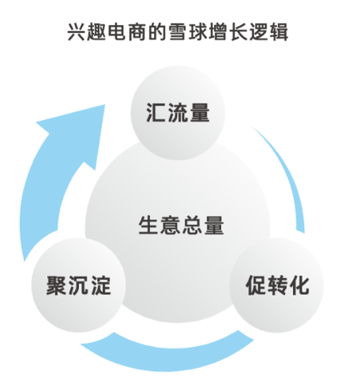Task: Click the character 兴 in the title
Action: coord(77,32)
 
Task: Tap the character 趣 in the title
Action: coord(96,32)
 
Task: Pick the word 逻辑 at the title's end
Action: coord(269,32)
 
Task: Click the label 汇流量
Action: coord(178,112)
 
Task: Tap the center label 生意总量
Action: coord(182,225)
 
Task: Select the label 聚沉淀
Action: coord(78,285)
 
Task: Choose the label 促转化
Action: coord(277,285)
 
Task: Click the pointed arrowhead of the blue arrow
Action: coord(105,105)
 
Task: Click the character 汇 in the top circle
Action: coord(156,112)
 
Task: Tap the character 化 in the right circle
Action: coord(299,285)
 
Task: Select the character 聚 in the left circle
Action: coord(56,285)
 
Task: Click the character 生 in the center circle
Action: coord(148,225)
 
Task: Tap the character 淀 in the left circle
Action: coord(100,285)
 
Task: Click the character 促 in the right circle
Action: coord(255,285)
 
